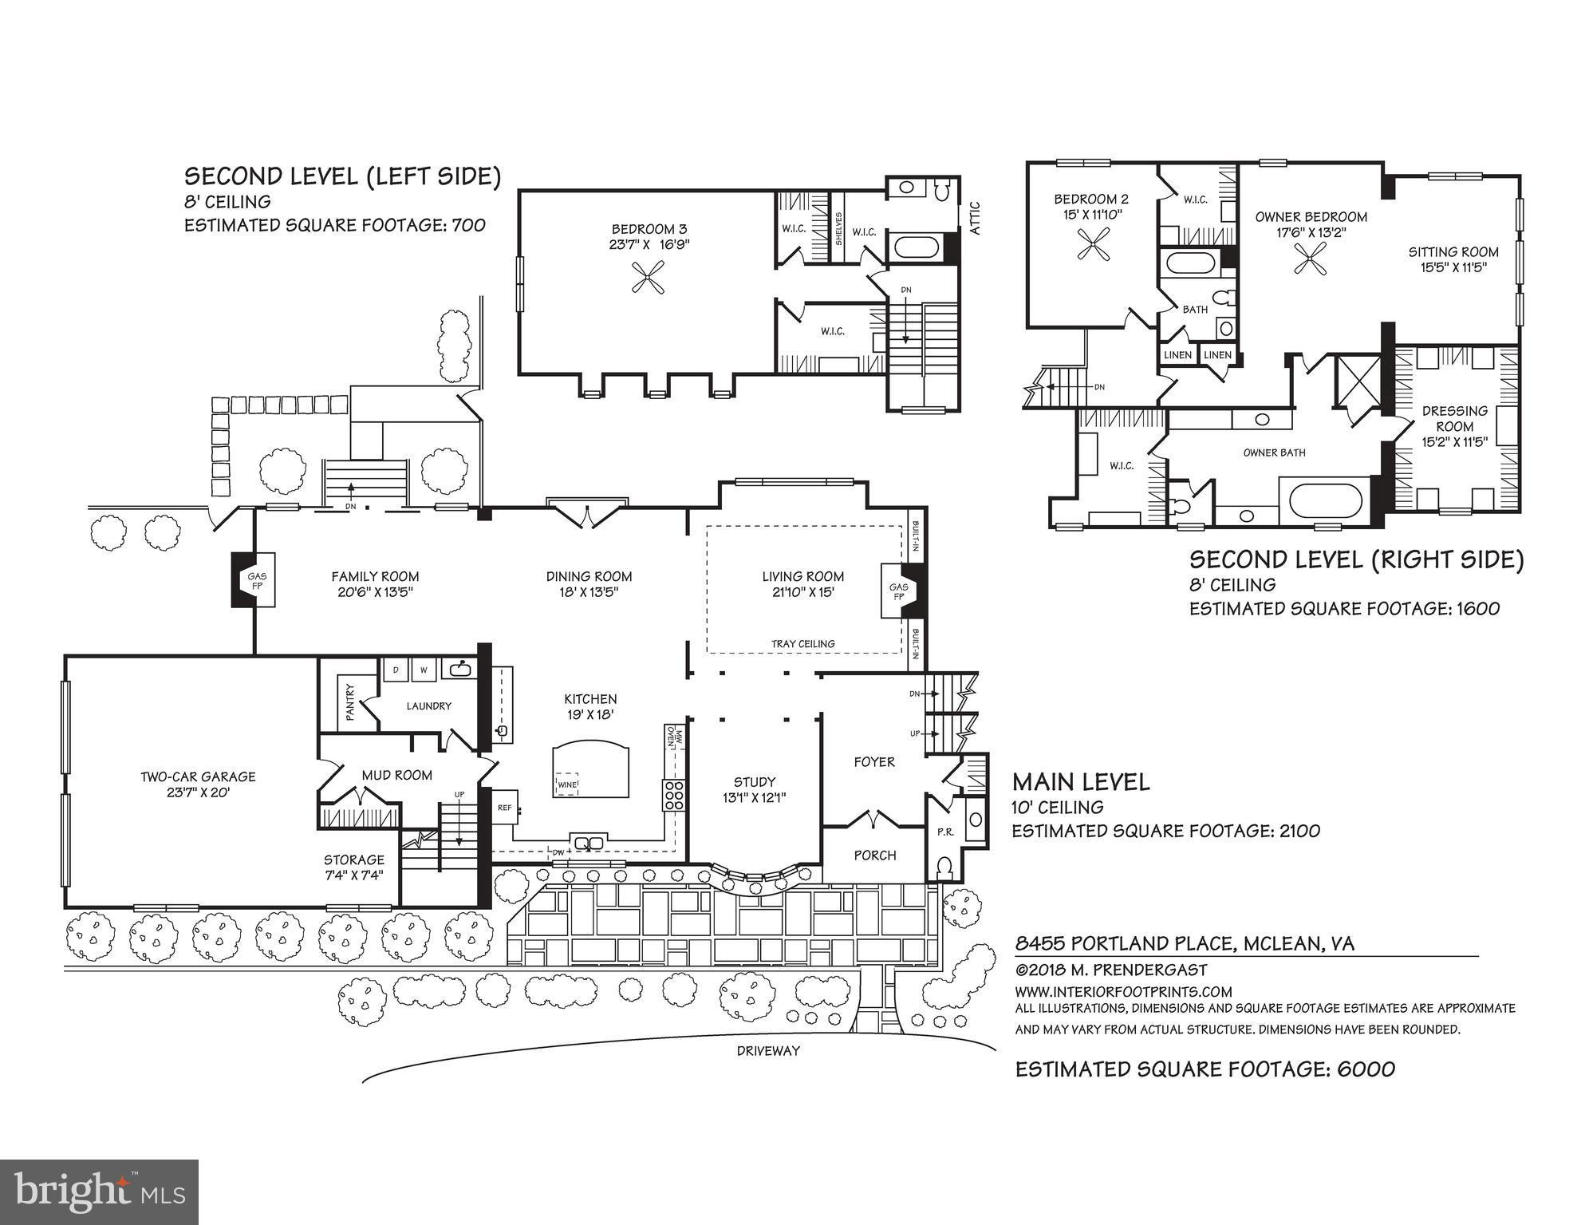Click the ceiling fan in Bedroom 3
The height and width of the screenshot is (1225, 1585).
coord(647,277)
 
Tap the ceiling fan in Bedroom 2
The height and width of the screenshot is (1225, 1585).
coord(1093,244)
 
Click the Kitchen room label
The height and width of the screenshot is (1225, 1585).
coord(590,706)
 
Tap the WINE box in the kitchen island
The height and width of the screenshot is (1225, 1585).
coord(567,784)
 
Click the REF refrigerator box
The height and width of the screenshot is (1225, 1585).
coord(504,808)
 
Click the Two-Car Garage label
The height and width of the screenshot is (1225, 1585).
coord(199,784)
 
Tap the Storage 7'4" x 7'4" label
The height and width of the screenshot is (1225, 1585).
coord(354,867)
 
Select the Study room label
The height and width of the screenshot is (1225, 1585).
coord(755,789)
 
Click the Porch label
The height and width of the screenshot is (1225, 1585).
coord(875,856)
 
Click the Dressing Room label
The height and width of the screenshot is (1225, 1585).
coord(1455,426)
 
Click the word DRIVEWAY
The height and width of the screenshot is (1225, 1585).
coord(767,1051)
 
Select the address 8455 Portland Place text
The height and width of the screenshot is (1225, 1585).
coord(1184,944)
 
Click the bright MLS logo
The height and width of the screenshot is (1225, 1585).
coord(99,1192)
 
